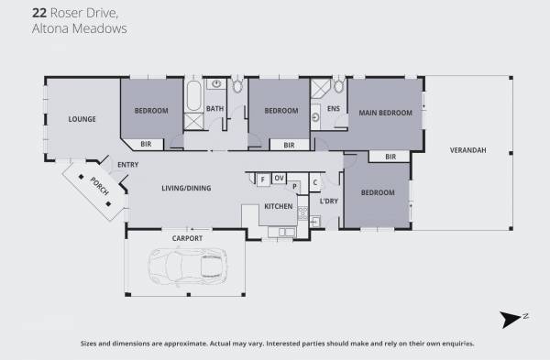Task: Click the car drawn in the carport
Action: [187, 267]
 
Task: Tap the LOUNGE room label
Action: [82, 119]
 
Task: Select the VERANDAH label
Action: [467, 150]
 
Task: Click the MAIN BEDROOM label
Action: [385, 113]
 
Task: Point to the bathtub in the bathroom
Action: [193, 95]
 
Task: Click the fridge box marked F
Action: [263, 180]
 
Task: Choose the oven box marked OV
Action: [279, 178]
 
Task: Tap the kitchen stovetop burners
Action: [302, 213]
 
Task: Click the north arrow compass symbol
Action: [511, 319]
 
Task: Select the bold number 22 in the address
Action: [38, 13]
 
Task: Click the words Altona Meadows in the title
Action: [80, 28]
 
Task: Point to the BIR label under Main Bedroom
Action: [390, 157]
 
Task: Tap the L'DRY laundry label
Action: [329, 202]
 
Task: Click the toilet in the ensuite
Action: [338, 85]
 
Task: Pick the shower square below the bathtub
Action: [193, 121]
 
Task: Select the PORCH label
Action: [100, 186]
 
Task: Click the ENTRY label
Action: [127, 165]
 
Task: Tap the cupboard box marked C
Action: [315, 182]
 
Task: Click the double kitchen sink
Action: [286, 232]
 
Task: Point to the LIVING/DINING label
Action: [186, 188]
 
